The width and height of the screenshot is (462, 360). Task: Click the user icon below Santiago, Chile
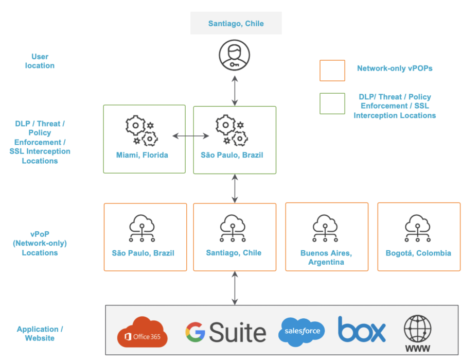235,55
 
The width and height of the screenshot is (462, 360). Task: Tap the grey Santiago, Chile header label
236,24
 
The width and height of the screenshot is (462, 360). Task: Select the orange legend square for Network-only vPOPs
332,70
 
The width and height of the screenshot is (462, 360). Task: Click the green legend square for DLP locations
332,104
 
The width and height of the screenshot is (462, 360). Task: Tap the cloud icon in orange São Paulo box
143,228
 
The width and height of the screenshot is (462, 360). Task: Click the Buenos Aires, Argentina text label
326,258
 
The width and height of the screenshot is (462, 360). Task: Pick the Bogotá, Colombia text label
418,253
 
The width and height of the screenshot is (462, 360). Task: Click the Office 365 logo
143,332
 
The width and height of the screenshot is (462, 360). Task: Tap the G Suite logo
226,333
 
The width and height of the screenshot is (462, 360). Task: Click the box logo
362,330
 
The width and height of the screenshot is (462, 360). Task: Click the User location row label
40,61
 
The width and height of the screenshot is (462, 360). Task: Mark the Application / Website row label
40,333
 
